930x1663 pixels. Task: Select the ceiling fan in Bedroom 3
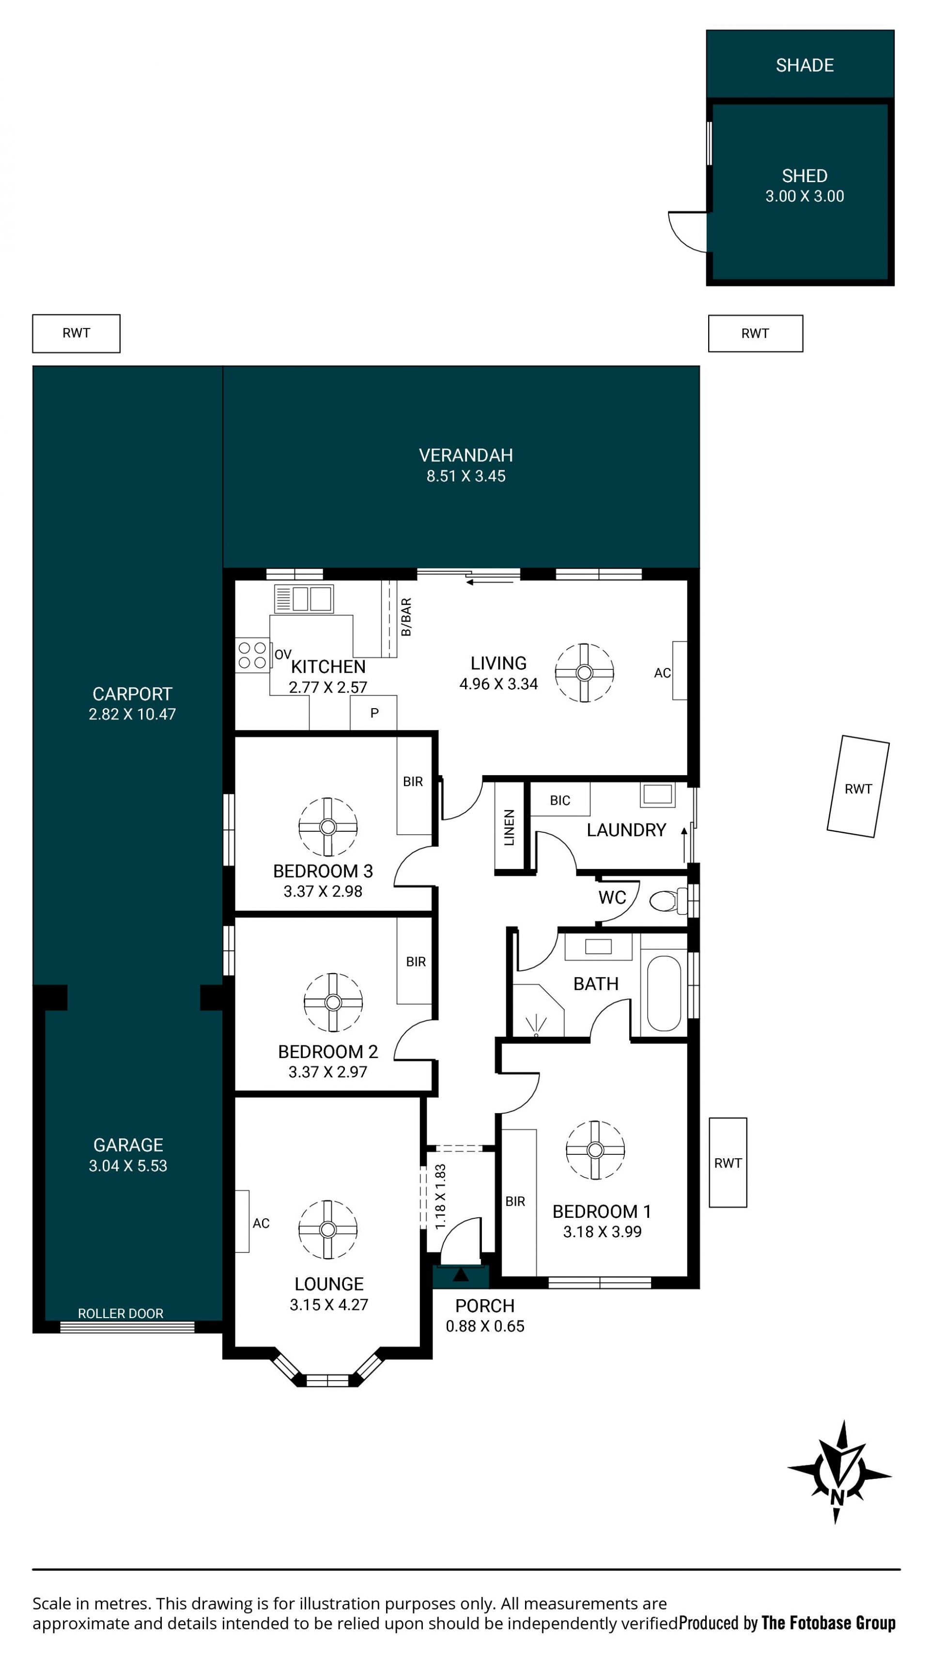328,826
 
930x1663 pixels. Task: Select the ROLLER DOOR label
121,1313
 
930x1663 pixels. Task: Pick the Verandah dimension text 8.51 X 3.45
466,477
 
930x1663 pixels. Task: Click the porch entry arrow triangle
461,1275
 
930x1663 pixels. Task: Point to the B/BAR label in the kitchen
406,617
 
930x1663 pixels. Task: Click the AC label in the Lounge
261,1223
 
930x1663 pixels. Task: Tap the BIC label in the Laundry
559,801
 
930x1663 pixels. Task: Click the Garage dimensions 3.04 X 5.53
128,1166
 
